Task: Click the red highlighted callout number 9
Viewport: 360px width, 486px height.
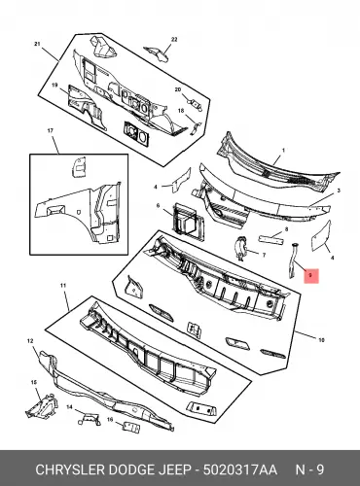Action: tap(311, 276)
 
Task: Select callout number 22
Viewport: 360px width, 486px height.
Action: tap(174, 40)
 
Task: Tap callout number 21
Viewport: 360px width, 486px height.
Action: tap(37, 44)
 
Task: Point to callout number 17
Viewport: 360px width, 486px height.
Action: tap(51, 131)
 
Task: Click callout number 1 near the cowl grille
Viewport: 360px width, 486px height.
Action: tap(283, 151)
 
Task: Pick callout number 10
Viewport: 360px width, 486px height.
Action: tap(321, 340)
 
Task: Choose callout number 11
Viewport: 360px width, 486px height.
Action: tap(63, 286)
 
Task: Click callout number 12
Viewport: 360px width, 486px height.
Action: tap(30, 341)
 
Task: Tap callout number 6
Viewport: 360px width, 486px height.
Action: tap(158, 205)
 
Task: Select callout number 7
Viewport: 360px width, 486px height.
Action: tap(264, 256)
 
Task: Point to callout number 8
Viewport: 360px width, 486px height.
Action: tap(286, 229)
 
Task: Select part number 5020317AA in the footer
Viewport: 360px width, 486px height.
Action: tap(240, 469)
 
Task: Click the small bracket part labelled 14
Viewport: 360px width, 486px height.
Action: tap(89, 419)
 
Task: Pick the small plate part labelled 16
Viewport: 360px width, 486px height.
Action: tap(130, 427)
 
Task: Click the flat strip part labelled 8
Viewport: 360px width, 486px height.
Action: tap(270, 241)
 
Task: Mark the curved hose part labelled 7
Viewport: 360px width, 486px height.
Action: tap(240, 248)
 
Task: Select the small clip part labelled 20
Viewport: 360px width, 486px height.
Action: tap(196, 104)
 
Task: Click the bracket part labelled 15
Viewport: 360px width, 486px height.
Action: tap(41, 405)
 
